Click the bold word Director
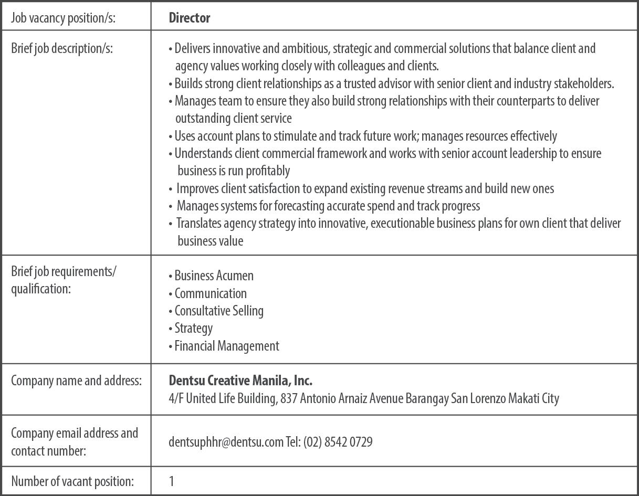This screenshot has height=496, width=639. pos(190,18)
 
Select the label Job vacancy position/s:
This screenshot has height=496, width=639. pos(63,18)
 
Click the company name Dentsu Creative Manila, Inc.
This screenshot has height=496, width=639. pos(240,380)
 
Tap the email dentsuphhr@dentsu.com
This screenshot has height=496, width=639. pos(226,442)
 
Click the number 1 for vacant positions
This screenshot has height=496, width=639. pos(172,481)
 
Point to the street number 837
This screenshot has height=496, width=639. pos(289,398)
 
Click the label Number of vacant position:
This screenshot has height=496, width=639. pos(72,481)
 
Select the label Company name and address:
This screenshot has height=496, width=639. pos(76,381)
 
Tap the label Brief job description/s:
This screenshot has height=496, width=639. pos(62,48)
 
